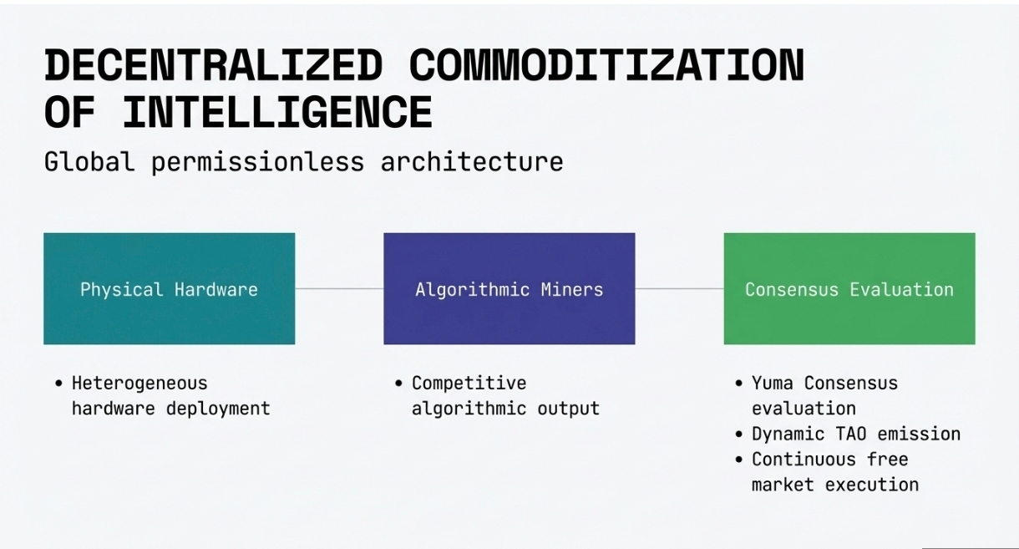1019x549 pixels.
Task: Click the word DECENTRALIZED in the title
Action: (213, 66)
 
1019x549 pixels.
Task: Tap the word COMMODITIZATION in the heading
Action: (606, 66)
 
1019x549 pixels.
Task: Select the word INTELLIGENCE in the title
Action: (277, 112)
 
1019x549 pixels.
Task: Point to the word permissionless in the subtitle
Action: (257, 161)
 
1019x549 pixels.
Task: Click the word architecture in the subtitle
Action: (472, 161)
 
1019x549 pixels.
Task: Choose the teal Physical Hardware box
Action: (169, 288)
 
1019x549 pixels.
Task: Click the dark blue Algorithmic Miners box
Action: (509, 288)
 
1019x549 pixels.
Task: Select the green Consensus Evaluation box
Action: (849, 288)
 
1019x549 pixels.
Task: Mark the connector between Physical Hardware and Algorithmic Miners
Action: (339, 289)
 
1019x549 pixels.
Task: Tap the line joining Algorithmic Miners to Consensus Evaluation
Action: (679, 289)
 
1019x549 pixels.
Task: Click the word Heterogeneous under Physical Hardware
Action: (139, 384)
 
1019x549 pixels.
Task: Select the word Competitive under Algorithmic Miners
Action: (469, 384)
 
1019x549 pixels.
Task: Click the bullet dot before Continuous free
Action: (739, 460)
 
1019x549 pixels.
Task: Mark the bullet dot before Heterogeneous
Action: (58, 384)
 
